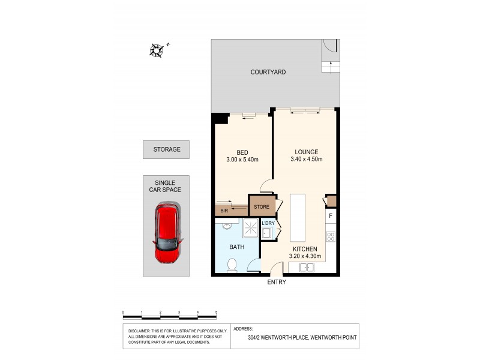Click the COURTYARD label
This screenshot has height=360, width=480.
[x=268, y=72]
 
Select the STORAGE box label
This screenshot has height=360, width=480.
[x=166, y=149]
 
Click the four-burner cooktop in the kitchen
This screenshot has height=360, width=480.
[x=331, y=235]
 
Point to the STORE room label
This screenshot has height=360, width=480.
[x=261, y=208]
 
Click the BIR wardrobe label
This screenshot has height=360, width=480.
[x=224, y=211]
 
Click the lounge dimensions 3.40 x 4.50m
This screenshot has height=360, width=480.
[x=306, y=160]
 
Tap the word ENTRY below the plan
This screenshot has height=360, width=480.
[x=276, y=282]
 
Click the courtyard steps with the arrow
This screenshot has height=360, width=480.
[x=329, y=66]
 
